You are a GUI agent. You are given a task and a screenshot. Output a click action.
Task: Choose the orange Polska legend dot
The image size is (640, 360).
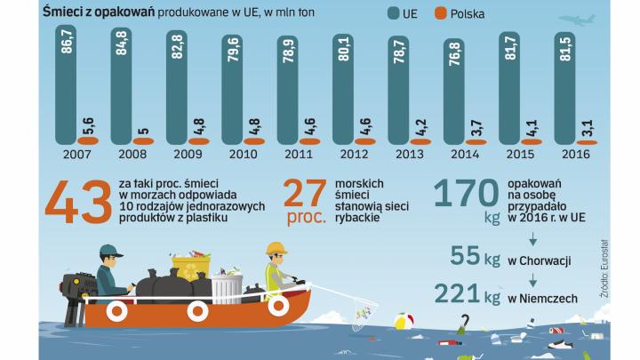tap(444, 13)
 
